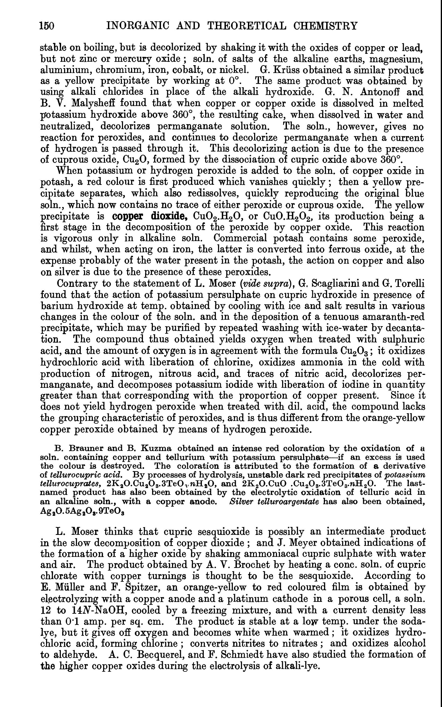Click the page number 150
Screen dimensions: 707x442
47,26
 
